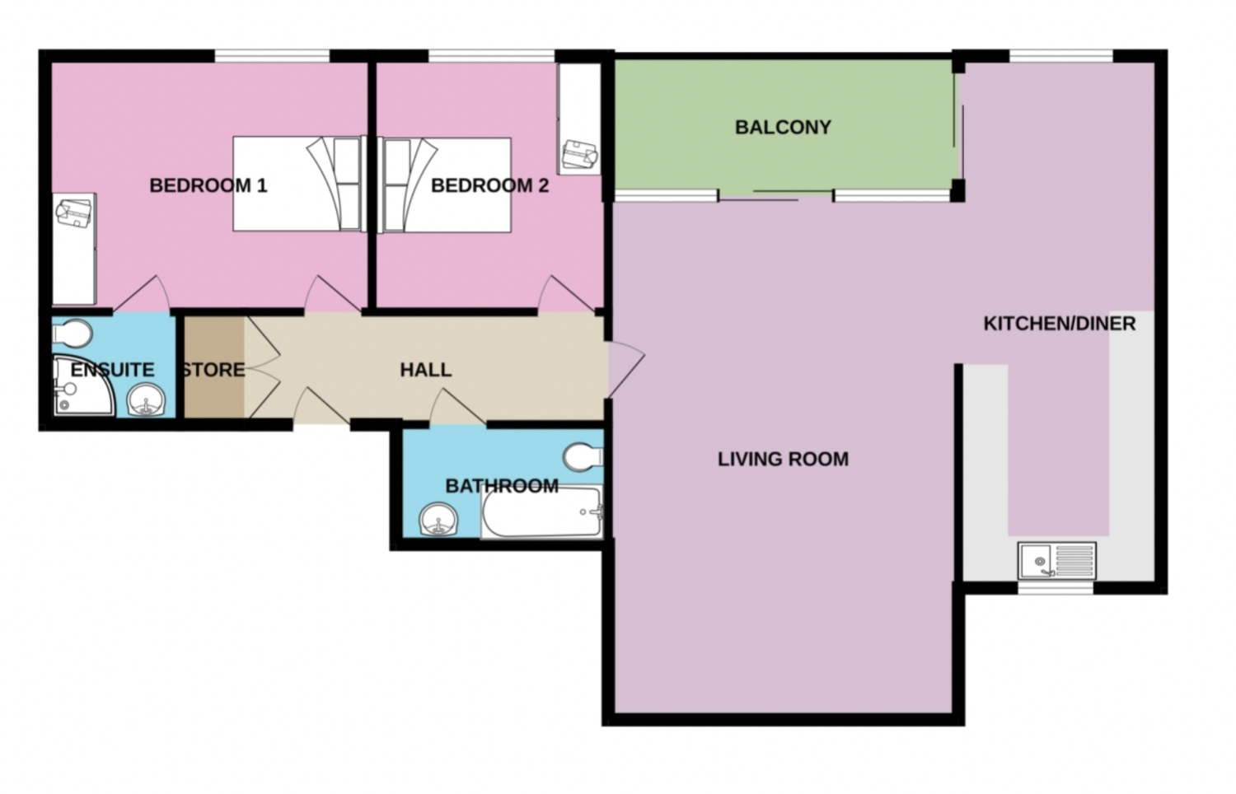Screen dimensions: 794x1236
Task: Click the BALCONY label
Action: pos(783,128)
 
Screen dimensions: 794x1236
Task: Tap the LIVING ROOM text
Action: pos(783,459)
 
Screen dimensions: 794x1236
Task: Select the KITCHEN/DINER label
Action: pos(1059,324)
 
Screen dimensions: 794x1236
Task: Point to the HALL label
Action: pos(425,370)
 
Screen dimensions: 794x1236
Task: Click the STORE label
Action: pos(213,370)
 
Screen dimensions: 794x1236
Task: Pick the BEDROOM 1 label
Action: pos(208,185)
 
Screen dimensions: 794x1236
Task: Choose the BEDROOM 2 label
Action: pos(489,185)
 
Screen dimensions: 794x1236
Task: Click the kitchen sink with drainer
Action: pos(1056,561)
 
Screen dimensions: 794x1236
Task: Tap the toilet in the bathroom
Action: pos(583,457)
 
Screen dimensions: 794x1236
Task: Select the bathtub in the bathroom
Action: pos(542,513)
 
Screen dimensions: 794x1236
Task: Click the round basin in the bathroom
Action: pos(437,520)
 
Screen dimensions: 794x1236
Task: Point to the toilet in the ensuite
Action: pos(73,334)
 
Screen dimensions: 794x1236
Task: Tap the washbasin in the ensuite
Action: pos(148,403)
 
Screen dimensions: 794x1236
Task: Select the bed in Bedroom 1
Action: pos(297,184)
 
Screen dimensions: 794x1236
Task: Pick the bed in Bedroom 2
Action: pos(445,184)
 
